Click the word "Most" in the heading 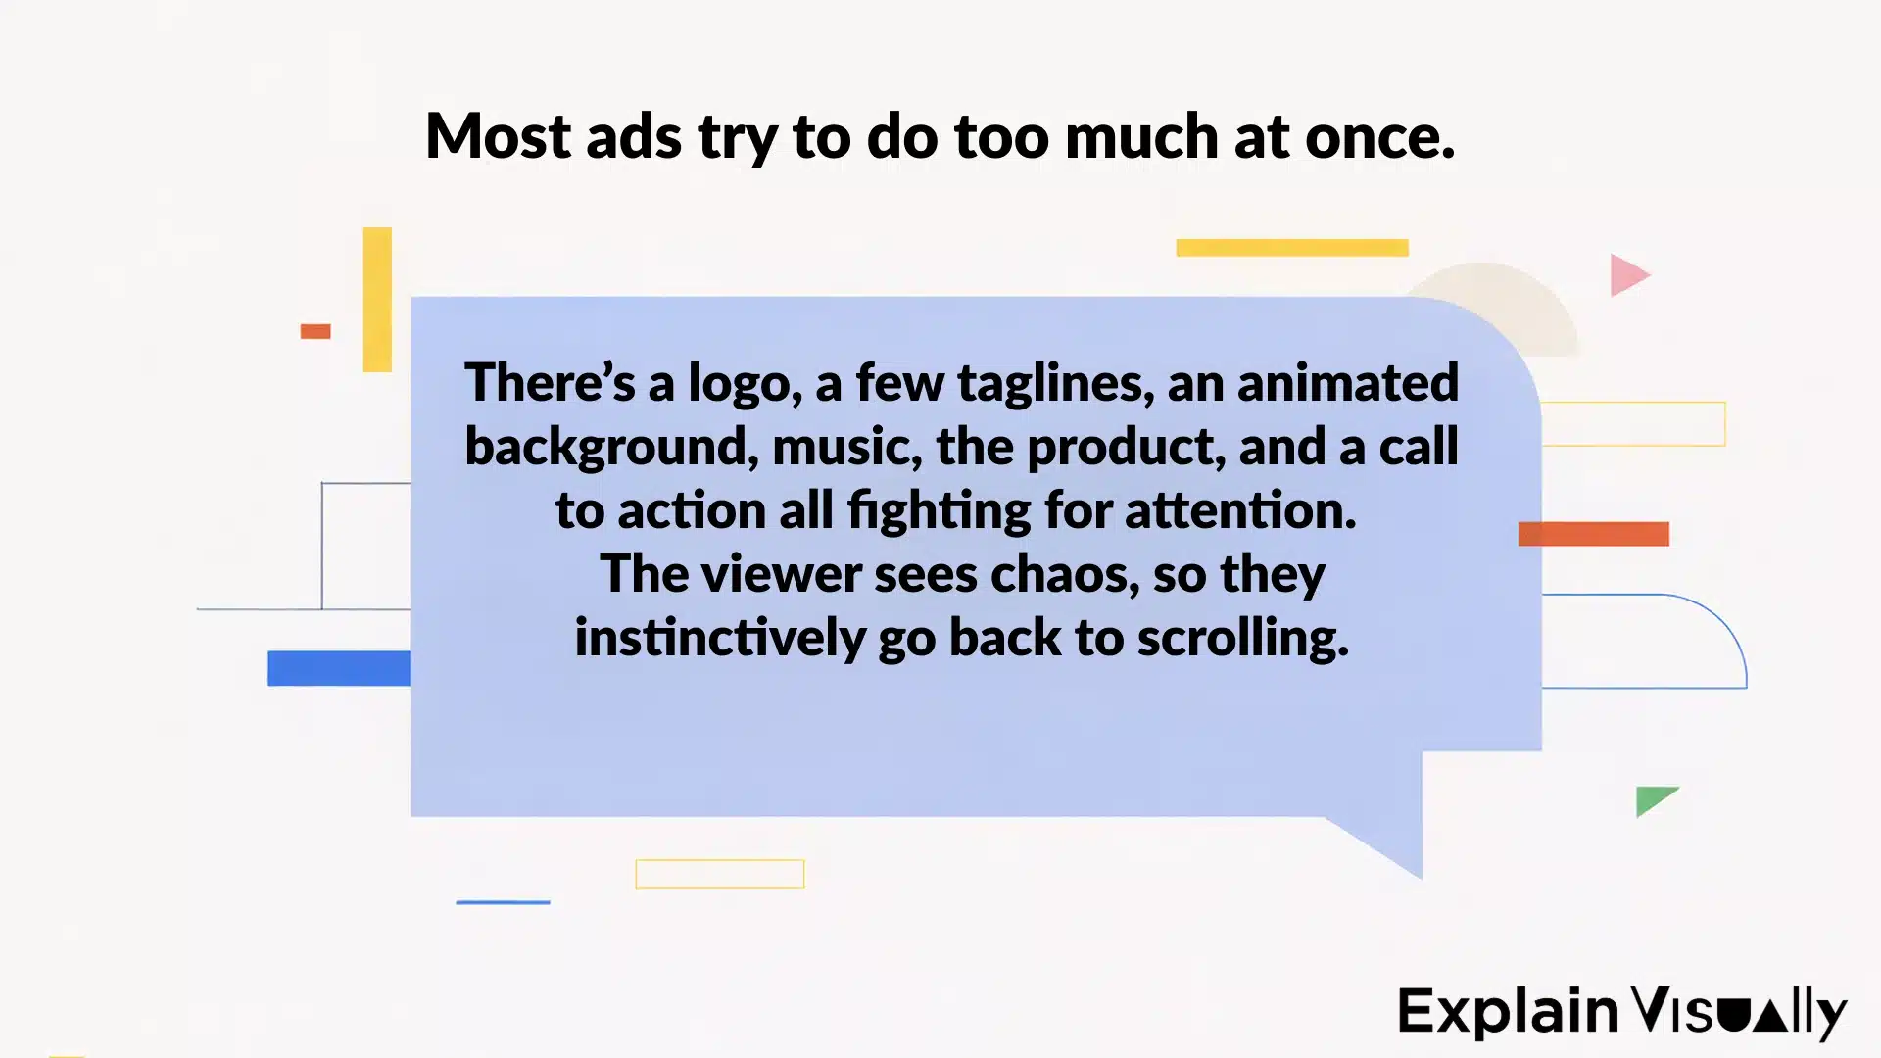[x=498, y=136]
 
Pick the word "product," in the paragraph [x=1127, y=448]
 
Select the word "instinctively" [x=719, y=639]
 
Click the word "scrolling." [x=1243, y=639]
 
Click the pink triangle [x=1627, y=275]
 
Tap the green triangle [x=1653, y=799]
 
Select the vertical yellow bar [x=377, y=300]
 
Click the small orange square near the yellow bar [x=315, y=331]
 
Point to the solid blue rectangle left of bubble [x=339, y=668]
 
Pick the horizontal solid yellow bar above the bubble [x=1291, y=248]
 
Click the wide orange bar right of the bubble [x=1593, y=534]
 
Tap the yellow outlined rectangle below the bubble [x=720, y=874]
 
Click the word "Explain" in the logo [x=1508, y=1012]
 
